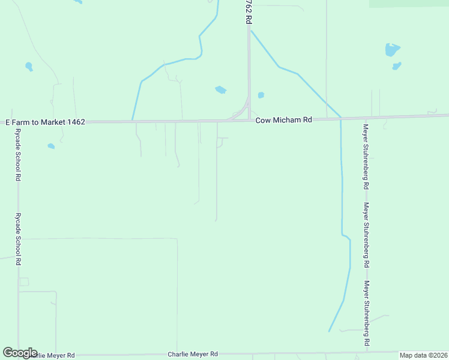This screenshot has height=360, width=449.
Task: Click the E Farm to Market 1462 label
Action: [45, 122]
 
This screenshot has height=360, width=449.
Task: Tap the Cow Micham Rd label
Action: [284, 120]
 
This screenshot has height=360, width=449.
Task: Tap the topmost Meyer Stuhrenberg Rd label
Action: [365, 157]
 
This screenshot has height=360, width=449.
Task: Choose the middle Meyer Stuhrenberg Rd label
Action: [365, 235]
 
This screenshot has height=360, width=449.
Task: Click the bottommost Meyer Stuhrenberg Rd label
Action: [366, 313]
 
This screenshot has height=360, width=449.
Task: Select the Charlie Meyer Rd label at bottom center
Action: [192, 355]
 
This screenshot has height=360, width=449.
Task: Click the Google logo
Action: [20, 353]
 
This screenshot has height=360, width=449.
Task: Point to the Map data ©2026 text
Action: [423, 355]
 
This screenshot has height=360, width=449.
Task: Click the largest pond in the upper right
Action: [392, 50]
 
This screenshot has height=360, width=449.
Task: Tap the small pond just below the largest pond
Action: [396, 65]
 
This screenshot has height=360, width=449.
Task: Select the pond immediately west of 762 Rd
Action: [220, 90]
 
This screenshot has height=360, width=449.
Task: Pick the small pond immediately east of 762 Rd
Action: [261, 95]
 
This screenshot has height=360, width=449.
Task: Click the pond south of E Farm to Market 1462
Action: [51, 146]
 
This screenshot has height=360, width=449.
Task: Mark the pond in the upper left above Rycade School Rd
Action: [29, 66]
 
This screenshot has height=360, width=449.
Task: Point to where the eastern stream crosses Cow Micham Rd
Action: [340, 118]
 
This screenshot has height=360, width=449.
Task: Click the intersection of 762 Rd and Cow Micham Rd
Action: [249, 119]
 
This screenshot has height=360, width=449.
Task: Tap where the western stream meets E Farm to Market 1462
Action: [132, 121]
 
